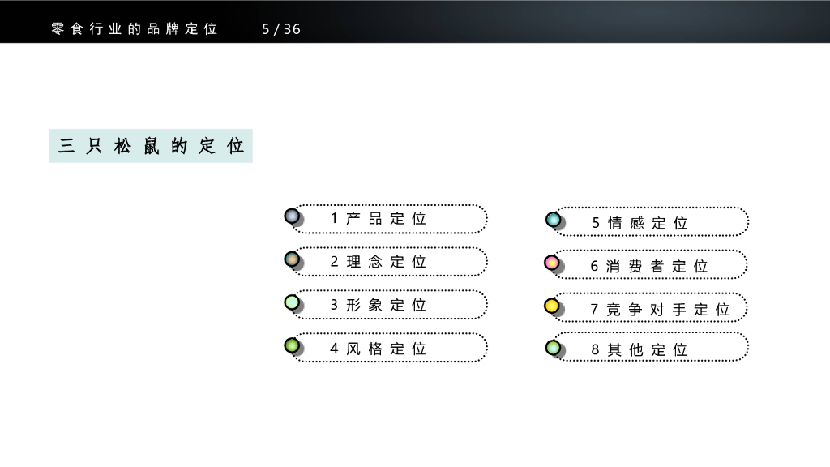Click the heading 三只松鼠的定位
pos(151,146)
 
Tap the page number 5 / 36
pos(281,29)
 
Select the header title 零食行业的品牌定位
pos(135,29)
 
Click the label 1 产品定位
pos(379,219)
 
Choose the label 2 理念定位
pos(379,262)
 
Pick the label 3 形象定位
pos(379,306)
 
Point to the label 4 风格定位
pos(379,349)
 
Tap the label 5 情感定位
pos(640,223)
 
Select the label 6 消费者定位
pos(649,266)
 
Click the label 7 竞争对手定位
pos(661,310)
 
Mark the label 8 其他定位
pos(640,350)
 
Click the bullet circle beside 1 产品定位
pos(292,216)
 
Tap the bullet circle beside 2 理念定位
pos(292,259)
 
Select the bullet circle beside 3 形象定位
pos(292,303)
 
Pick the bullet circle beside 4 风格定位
pos(292,346)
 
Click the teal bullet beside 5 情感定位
pos(553,219)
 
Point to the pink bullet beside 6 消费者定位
pos(552,263)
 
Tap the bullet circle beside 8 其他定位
pos(553,348)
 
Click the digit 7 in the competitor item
pos(594,310)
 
